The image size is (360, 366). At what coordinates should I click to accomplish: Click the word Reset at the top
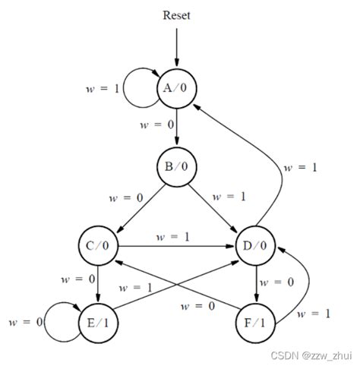point(176,15)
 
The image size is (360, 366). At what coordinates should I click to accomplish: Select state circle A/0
point(177,88)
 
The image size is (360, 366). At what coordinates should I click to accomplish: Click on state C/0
point(98,246)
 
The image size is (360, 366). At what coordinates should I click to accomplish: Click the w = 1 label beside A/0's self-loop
point(102,88)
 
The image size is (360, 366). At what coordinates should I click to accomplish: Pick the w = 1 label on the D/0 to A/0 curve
point(302,168)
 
